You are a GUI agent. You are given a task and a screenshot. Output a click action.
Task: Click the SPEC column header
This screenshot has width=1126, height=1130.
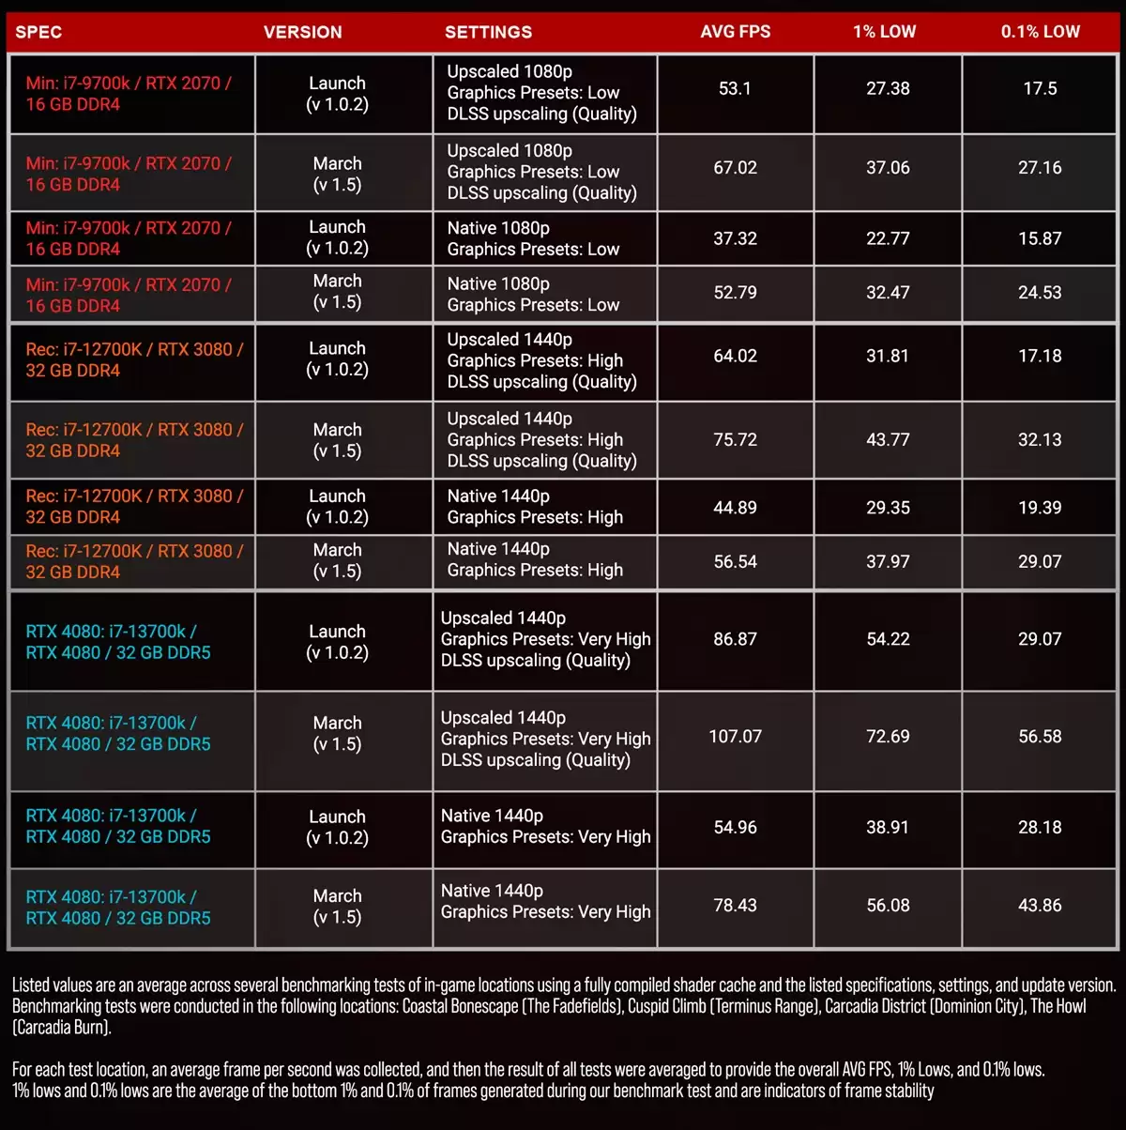(x=38, y=32)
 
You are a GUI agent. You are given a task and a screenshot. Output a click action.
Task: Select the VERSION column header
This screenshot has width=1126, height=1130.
(x=302, y=32)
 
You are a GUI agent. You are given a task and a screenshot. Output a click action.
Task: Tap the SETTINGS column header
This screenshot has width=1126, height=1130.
(x=488, y=32)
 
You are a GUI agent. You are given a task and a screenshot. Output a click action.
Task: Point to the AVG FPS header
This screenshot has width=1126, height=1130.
(x=735, y=32)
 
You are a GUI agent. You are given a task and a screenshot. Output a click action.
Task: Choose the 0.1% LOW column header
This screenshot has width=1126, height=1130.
(x=1040, y=32)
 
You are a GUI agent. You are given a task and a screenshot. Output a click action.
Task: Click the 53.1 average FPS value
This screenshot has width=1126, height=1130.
(x=735, y=88)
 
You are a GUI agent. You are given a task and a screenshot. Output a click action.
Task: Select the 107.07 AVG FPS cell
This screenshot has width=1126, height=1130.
(x=735, y=737)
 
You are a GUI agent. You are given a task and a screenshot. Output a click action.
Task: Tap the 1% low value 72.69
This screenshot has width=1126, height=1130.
(x=888, y=737)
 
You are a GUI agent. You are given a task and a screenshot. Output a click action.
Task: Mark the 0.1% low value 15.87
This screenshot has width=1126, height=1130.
(x=1040, y=238)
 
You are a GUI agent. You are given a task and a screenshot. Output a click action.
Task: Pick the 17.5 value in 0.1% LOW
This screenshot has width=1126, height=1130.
(x=1040, y=88)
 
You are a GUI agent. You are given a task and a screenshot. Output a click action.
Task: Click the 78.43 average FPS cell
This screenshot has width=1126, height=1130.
(x=735, y=906)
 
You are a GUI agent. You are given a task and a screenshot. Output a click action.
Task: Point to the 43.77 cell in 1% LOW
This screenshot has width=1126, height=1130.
(x=888, y=439)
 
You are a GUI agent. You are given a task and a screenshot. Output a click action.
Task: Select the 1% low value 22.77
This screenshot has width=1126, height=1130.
(x=888, y=238)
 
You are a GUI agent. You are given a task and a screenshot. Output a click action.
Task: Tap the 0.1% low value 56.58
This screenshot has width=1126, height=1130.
(x=1040, y=737)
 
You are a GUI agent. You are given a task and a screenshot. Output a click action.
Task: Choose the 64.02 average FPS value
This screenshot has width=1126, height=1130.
(x=735, y=356)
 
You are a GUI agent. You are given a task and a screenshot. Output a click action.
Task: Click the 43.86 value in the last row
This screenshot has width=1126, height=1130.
(x=1040, y=906)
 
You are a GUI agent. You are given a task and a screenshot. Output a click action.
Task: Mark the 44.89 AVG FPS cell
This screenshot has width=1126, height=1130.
(x=735, y=508)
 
